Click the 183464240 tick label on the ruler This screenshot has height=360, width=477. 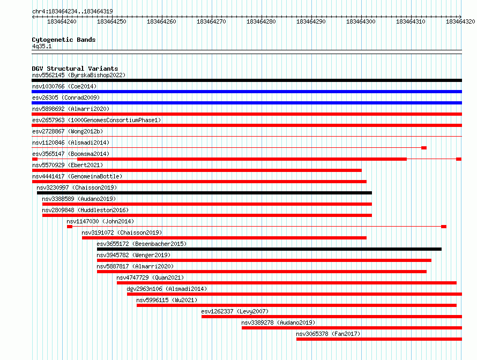(x=62, y=21)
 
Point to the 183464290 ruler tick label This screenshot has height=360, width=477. (x=311, y=21)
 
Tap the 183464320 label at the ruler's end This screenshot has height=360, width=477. (x=460, y=21)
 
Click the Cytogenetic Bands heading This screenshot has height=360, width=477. (x=64, y=40)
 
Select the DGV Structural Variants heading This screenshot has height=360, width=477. (x=75, y=69)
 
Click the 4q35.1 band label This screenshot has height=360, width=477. (x=42, y=46)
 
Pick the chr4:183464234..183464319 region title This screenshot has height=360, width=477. (x=72, y=11)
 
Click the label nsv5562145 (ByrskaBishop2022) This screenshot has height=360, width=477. (x=79, y=75)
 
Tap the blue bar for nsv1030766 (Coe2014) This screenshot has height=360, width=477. (x=247, y=92)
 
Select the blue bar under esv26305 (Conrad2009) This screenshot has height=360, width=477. (x=247, y=103)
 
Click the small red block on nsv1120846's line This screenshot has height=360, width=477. (x=424, y=148)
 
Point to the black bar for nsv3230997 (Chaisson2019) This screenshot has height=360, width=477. (x=204, y=193)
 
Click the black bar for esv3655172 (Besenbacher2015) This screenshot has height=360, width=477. (x=269, y=249)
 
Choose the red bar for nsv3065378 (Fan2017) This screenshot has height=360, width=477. (x=379, y=339)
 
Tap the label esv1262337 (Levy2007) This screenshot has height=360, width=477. (x=235, y=311)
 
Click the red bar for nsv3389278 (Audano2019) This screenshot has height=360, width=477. (x=352, y=328)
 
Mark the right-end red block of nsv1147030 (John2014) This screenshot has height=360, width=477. (x=444, y=227)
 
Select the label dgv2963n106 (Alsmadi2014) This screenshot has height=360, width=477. (x=167, y=289)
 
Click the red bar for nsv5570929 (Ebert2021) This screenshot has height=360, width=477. (x=197, y=170)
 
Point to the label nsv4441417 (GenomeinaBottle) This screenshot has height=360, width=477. (x=77, y=176)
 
